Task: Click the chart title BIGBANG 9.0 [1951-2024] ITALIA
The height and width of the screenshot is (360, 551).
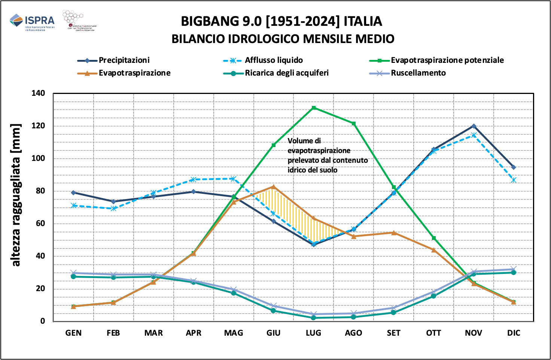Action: pyautogui.click(x=281, y=21)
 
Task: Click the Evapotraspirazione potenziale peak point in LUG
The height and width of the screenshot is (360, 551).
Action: pyautogui.click(x=314, y=108)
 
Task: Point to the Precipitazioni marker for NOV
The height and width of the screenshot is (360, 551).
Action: pyautogui.click(x=474, y=126)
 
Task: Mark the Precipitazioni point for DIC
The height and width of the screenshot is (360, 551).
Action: pyautogui.click(x=514, y=167)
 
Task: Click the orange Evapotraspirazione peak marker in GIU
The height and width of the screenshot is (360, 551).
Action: pyautogui.click(x=274, y=187)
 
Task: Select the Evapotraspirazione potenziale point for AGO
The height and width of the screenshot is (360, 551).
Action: pyautogui.click(x=354, y=123)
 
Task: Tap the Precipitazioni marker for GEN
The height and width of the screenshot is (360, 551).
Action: pyautogui.click(x=73, y=192)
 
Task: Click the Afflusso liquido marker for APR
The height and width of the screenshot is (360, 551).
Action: pyautogui.click(x=194, y=180)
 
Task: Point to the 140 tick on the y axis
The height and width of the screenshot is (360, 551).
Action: pyautogui.click(x=38, y=93)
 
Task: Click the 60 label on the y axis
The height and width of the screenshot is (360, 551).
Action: pyautogui.click(x=40, y=223)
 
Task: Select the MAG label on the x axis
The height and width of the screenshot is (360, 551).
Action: pyautogui.click(x=234, y=333)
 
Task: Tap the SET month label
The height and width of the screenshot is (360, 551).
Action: pyautogui.click(x=394, y=333)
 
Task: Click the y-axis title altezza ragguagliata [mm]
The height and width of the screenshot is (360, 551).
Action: pyautogui.click(x=16, y=195)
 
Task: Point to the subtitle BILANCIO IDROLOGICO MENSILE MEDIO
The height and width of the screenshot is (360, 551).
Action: pyautogui.click(x=283, y=39)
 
